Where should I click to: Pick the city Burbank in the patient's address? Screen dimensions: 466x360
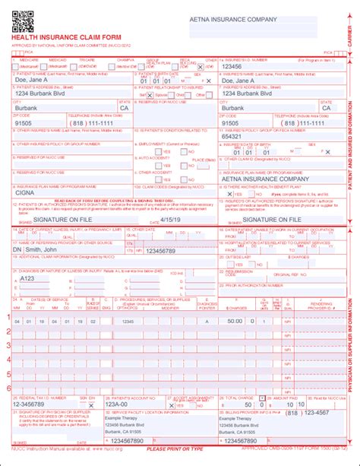[x=30, y=108]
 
